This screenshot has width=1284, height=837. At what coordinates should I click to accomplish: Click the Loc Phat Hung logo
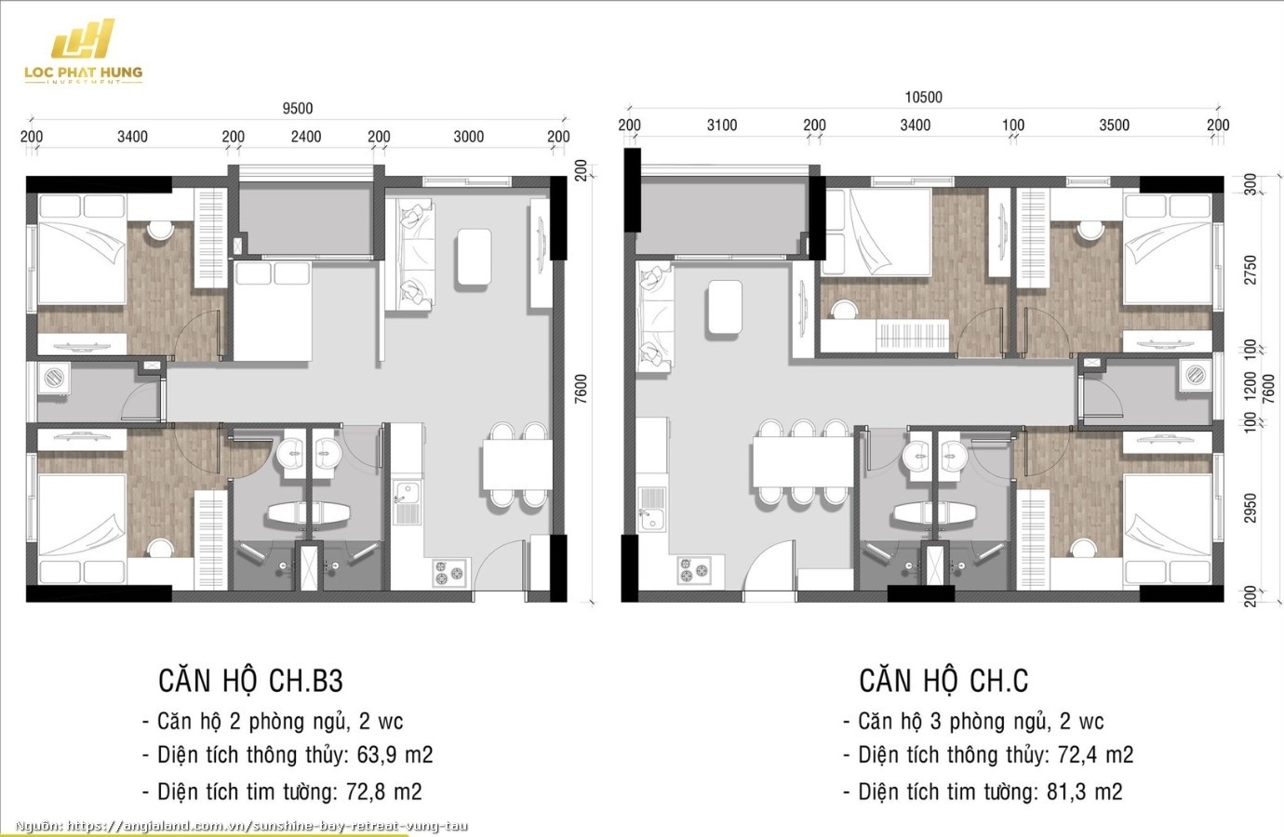[x=83, y=53]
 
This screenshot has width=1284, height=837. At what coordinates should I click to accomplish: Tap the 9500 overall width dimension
[x=298, y=109]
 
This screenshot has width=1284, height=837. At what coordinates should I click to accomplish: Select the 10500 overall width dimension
[x=923, y=97]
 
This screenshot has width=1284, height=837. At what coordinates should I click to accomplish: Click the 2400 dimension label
[x=305, y=137]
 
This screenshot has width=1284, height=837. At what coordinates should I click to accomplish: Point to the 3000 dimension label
[x=468, y=137]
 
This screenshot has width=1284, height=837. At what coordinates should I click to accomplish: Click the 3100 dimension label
[x=721, y=125]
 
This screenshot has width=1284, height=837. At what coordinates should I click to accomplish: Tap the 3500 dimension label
[x=1114, y=125]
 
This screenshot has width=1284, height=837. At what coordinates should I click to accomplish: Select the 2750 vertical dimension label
[x=1250, y=270]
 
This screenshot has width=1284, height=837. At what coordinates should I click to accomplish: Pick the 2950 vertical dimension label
[x=1250, y=508]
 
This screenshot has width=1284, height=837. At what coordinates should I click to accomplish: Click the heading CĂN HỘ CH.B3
[x=250, y=681]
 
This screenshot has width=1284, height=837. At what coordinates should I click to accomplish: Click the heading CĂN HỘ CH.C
[x=943, y=681]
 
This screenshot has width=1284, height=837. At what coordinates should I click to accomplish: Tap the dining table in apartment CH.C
[x=801, y=462]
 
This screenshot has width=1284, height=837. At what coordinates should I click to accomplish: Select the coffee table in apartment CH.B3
[x=475, y=257]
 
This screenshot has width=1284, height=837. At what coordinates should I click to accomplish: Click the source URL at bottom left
[x=242, y=826]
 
